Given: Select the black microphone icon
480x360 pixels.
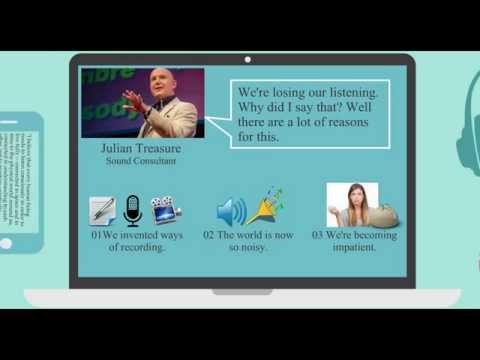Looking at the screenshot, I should tap(132, 210).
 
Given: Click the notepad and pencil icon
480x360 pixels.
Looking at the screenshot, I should tap(102, 210).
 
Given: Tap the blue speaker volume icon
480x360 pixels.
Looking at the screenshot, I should tap(231, 211).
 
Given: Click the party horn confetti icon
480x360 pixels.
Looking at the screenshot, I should tap(265, 205).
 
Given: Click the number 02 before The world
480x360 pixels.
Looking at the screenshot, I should tap(209, 236).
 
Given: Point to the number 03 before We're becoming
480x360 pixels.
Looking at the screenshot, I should tap(316, 236).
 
